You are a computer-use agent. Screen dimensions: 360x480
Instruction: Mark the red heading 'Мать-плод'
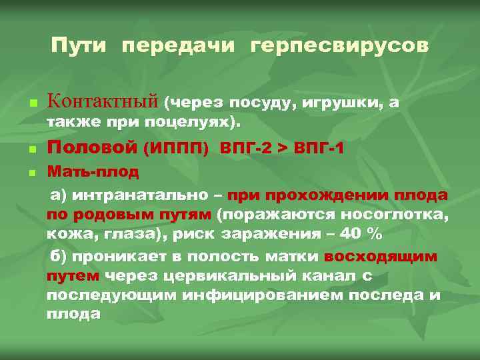[x=93, y=172]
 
